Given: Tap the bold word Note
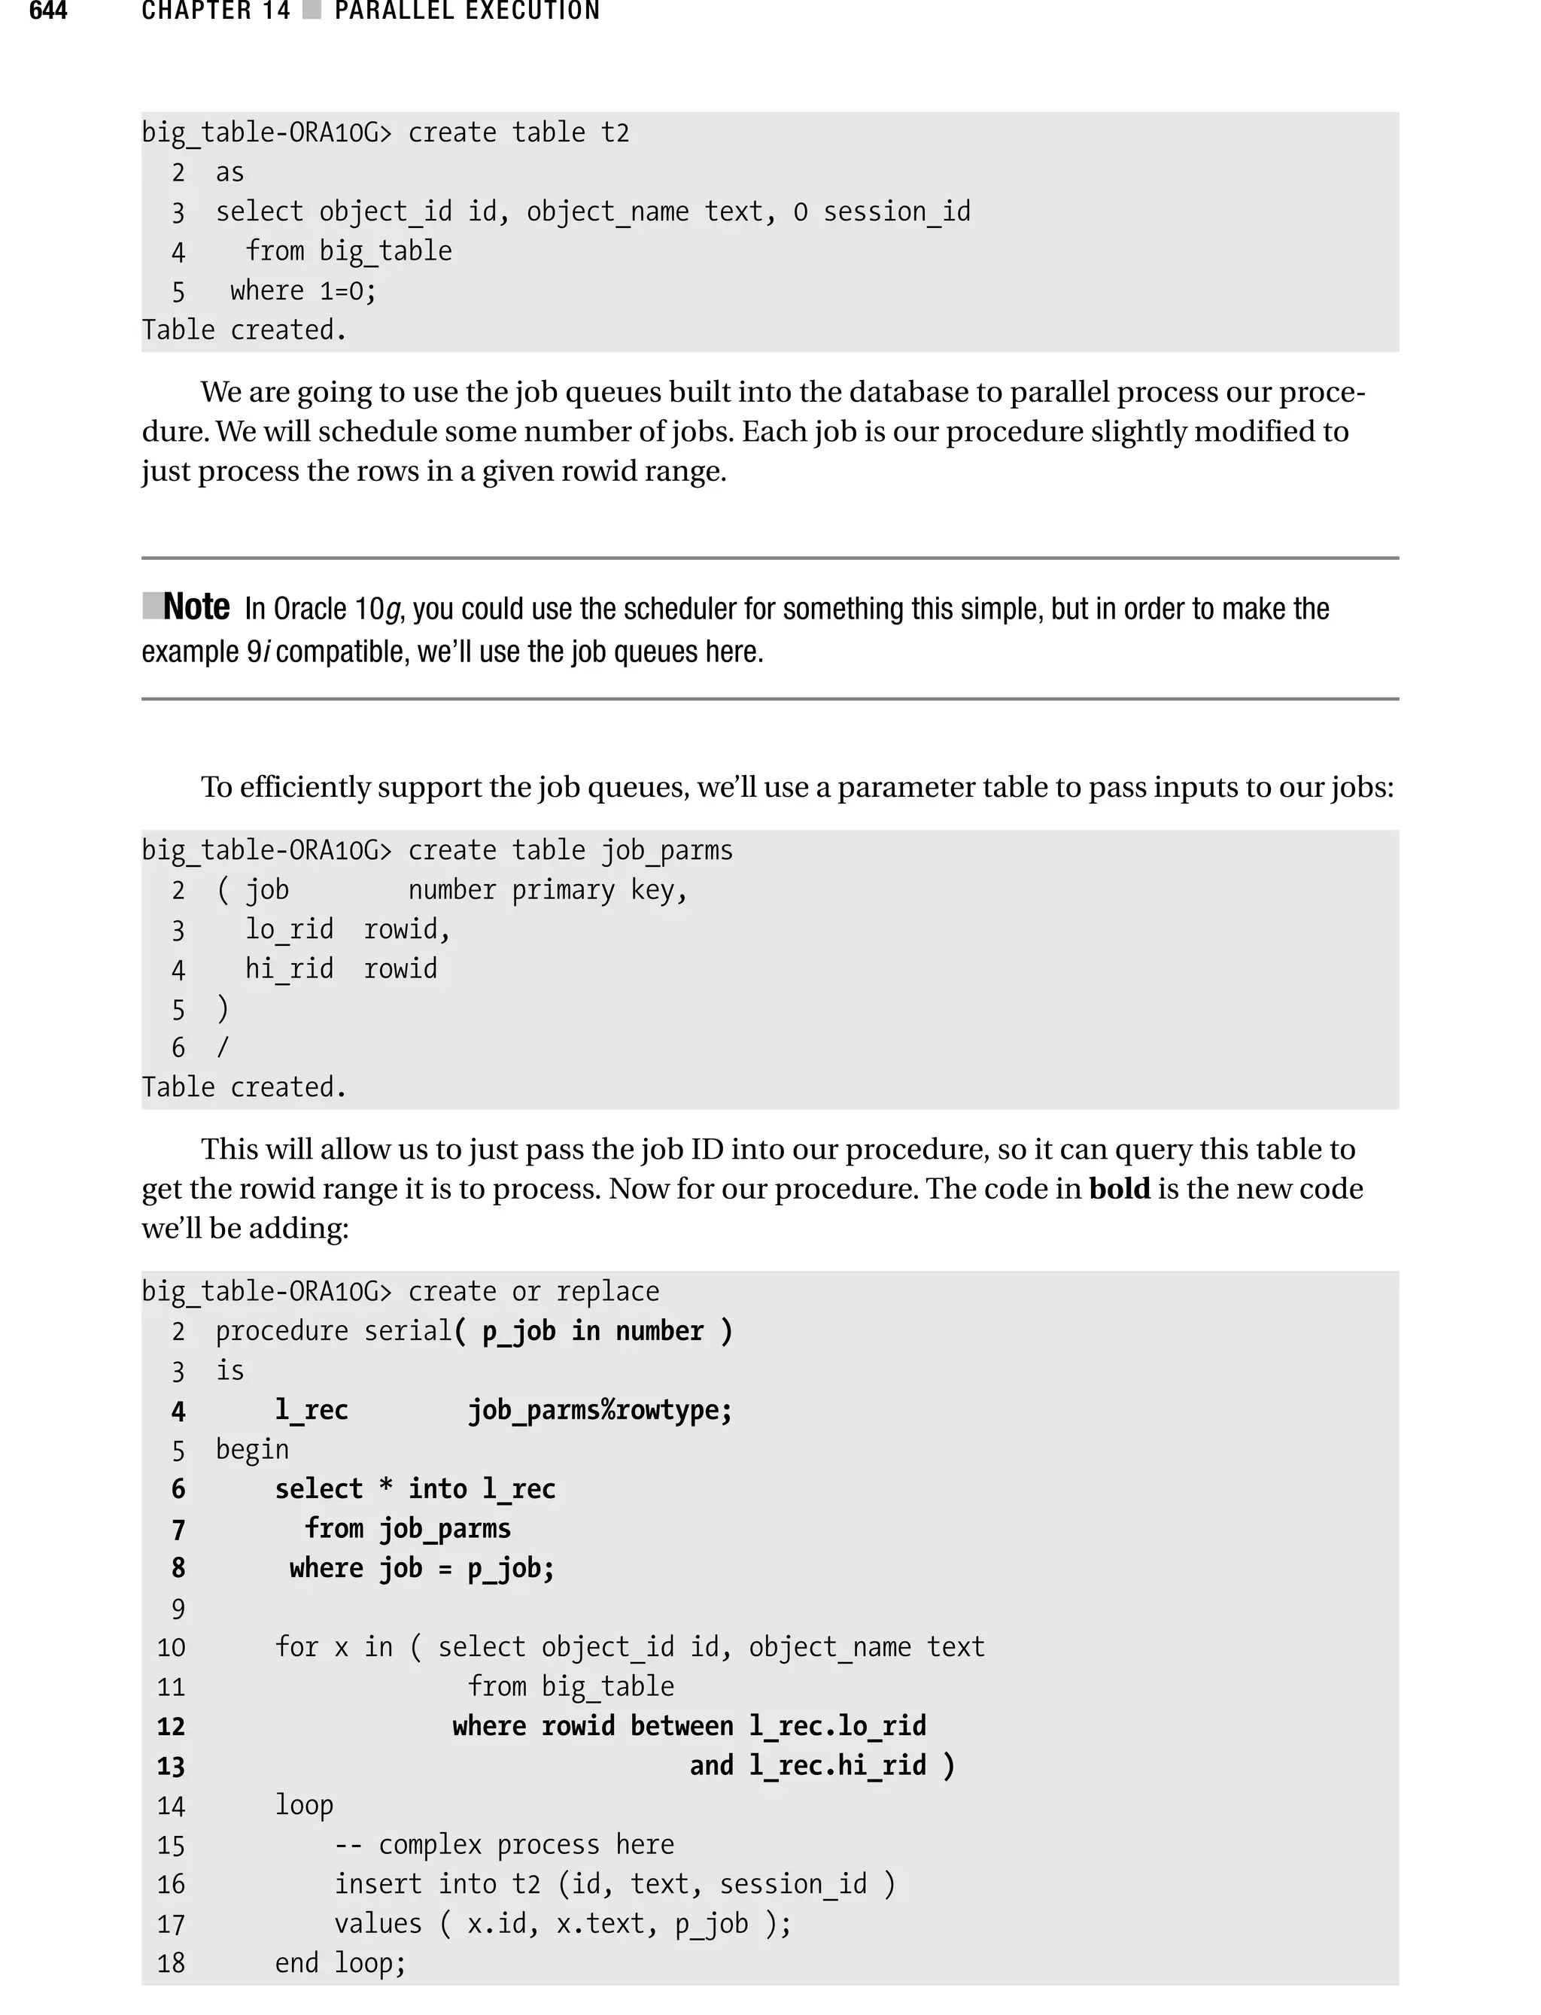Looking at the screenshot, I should (x=196, y=607).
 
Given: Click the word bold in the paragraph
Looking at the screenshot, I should (x=1119, y=1189).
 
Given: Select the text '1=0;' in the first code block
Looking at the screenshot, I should (x=348, y=290).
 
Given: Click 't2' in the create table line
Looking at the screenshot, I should (x=615, y=133).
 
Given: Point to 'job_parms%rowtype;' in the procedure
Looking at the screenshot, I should (x=600, y=1410).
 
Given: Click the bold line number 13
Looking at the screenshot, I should (x=171, y=1765).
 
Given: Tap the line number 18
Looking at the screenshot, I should (x=171, y=1963).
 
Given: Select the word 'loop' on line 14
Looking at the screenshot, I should (x=304, y=1805).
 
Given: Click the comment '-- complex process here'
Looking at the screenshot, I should (x=503, y=1844).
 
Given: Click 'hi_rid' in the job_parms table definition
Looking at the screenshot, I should (x=289, y=968).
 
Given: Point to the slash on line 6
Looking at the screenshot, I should (x=222, y=1047).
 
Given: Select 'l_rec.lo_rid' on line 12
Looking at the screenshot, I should (x=837, y=1726).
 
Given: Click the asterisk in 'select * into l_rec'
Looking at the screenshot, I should (x=386, y=1488).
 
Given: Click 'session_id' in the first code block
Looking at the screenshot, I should (x=896, y=212).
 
